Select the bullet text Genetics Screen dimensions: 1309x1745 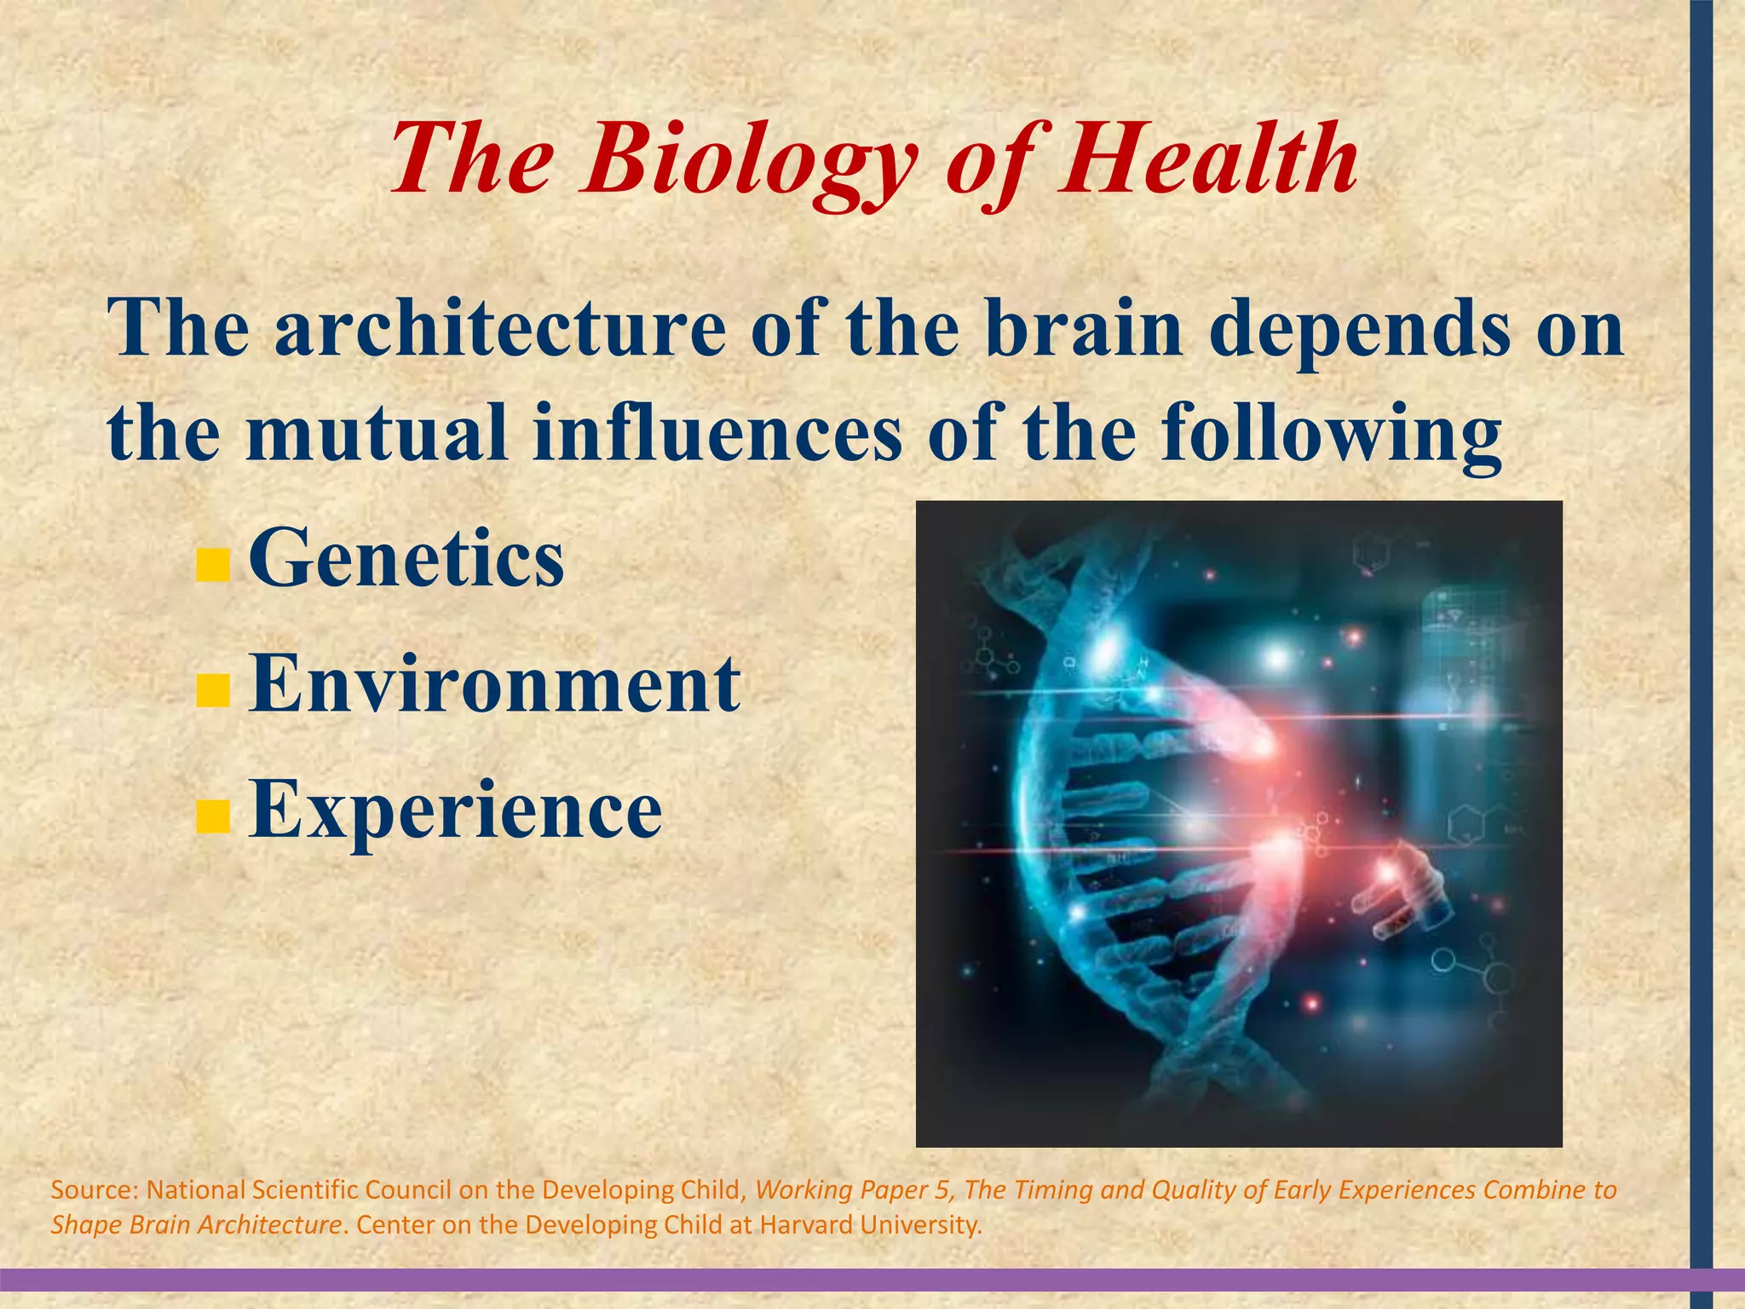tap(406, 559)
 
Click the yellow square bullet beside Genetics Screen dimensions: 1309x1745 tap(212, 565)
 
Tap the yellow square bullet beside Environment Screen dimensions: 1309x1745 tap(212, 691)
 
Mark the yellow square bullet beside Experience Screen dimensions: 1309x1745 tap(212, 816)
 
